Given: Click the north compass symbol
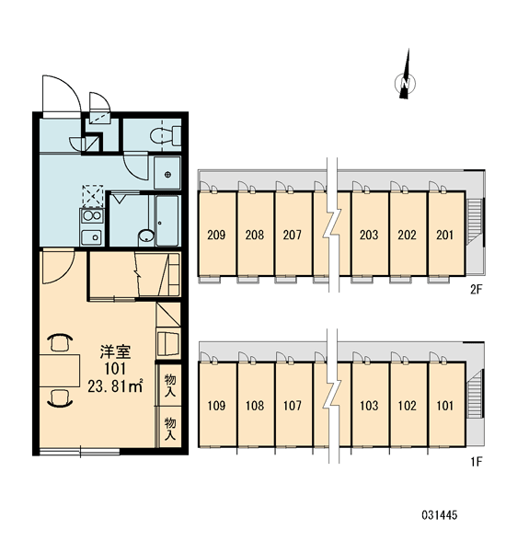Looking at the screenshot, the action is click(406, 83).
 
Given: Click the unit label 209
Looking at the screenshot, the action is click(216, 235).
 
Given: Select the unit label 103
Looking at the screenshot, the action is click(369, 406).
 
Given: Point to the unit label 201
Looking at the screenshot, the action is click(444, 235).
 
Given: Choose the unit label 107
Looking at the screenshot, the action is click(293, 406).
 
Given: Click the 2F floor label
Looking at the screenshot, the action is click(476, 290).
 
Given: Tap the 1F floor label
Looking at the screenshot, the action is click(476, 462).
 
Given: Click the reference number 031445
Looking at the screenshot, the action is click(440, 515).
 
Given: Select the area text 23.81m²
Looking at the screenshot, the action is click(115, 386).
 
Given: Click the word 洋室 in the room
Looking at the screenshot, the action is click(115, 352).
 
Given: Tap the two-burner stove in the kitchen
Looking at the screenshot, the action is click(92, 216).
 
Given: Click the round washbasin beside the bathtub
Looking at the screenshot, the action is click(145, 236).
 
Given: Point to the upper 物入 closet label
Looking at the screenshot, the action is click(170, 385).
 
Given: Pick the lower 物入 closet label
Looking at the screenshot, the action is click(170, 429).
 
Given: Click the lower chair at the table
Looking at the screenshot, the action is click(60, 397).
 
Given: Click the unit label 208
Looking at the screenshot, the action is click(254, 235).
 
